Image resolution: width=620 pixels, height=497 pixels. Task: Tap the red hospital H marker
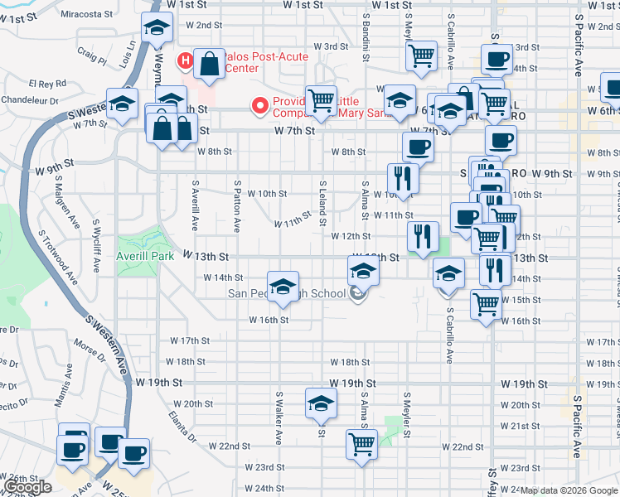(186, 60)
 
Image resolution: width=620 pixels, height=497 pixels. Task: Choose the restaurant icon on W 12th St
(423, 237)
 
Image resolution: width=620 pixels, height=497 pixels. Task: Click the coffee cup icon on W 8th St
(418, 147)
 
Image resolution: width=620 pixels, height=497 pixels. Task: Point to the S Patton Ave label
(237, 206)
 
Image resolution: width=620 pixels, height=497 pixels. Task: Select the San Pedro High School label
(287, 293)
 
